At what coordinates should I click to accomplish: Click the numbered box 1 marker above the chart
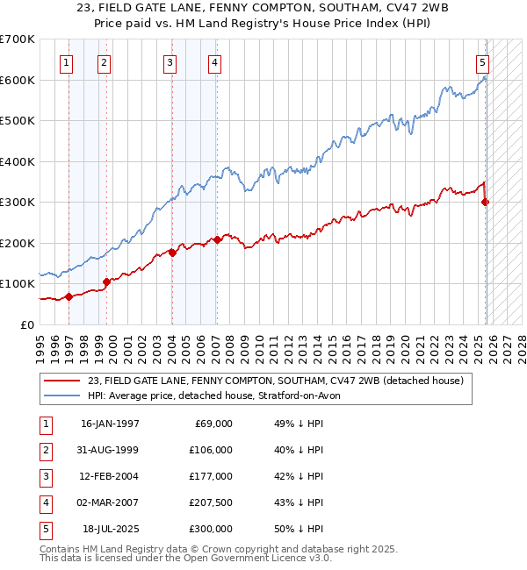click(67, 62)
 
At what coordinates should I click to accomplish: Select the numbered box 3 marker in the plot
click(170, 62)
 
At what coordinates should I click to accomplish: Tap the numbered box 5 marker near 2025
click(483, 62)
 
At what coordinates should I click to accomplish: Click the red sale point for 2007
click(217, 239)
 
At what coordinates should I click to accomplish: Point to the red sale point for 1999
click(106, 281)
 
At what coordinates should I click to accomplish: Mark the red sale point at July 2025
click(486, 202)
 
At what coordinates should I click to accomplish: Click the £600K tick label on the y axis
click(18, 80)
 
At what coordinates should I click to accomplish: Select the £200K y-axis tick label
click(18, 243)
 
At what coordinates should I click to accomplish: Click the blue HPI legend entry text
click(220, 395)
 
